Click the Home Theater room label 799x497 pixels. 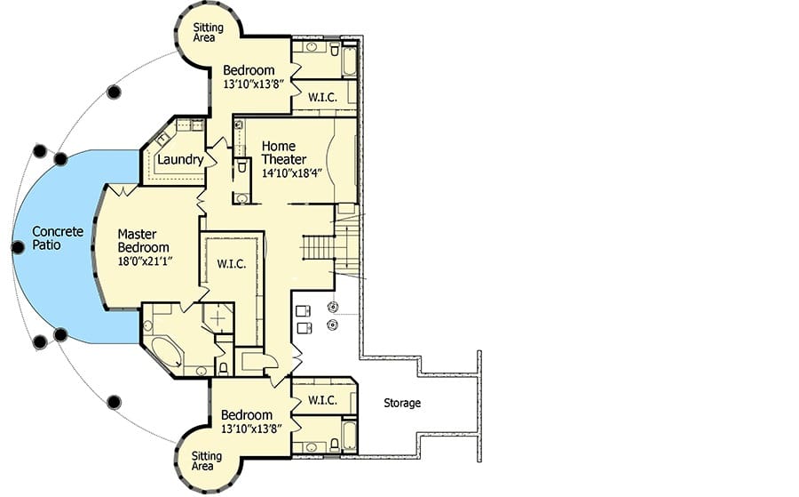coord(284,153)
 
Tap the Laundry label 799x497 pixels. coord(180,160)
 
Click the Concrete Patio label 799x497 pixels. coord(58,238)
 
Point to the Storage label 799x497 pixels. coord(402,403)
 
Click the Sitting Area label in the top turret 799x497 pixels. coord(208,32)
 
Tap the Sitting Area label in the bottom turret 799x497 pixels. coord(206,461)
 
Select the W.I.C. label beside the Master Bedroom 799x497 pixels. coord(232,264)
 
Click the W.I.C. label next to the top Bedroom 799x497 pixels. coord(322,97)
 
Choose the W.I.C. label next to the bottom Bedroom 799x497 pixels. coord(322,400)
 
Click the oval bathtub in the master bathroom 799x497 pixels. coord(166,352)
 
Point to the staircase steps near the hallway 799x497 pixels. coord(319,247)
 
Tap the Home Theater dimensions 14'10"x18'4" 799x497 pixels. coord(292,173)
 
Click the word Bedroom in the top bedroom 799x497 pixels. coord(249,70)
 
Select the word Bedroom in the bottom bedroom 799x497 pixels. coord(247,415)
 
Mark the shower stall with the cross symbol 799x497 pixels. coord(218,318)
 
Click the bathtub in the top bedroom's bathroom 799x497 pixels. coord(349,61)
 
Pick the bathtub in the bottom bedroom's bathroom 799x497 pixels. coord(349,436)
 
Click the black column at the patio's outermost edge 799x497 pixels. coord(18,247)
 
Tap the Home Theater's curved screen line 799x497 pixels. coord(329,159)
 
